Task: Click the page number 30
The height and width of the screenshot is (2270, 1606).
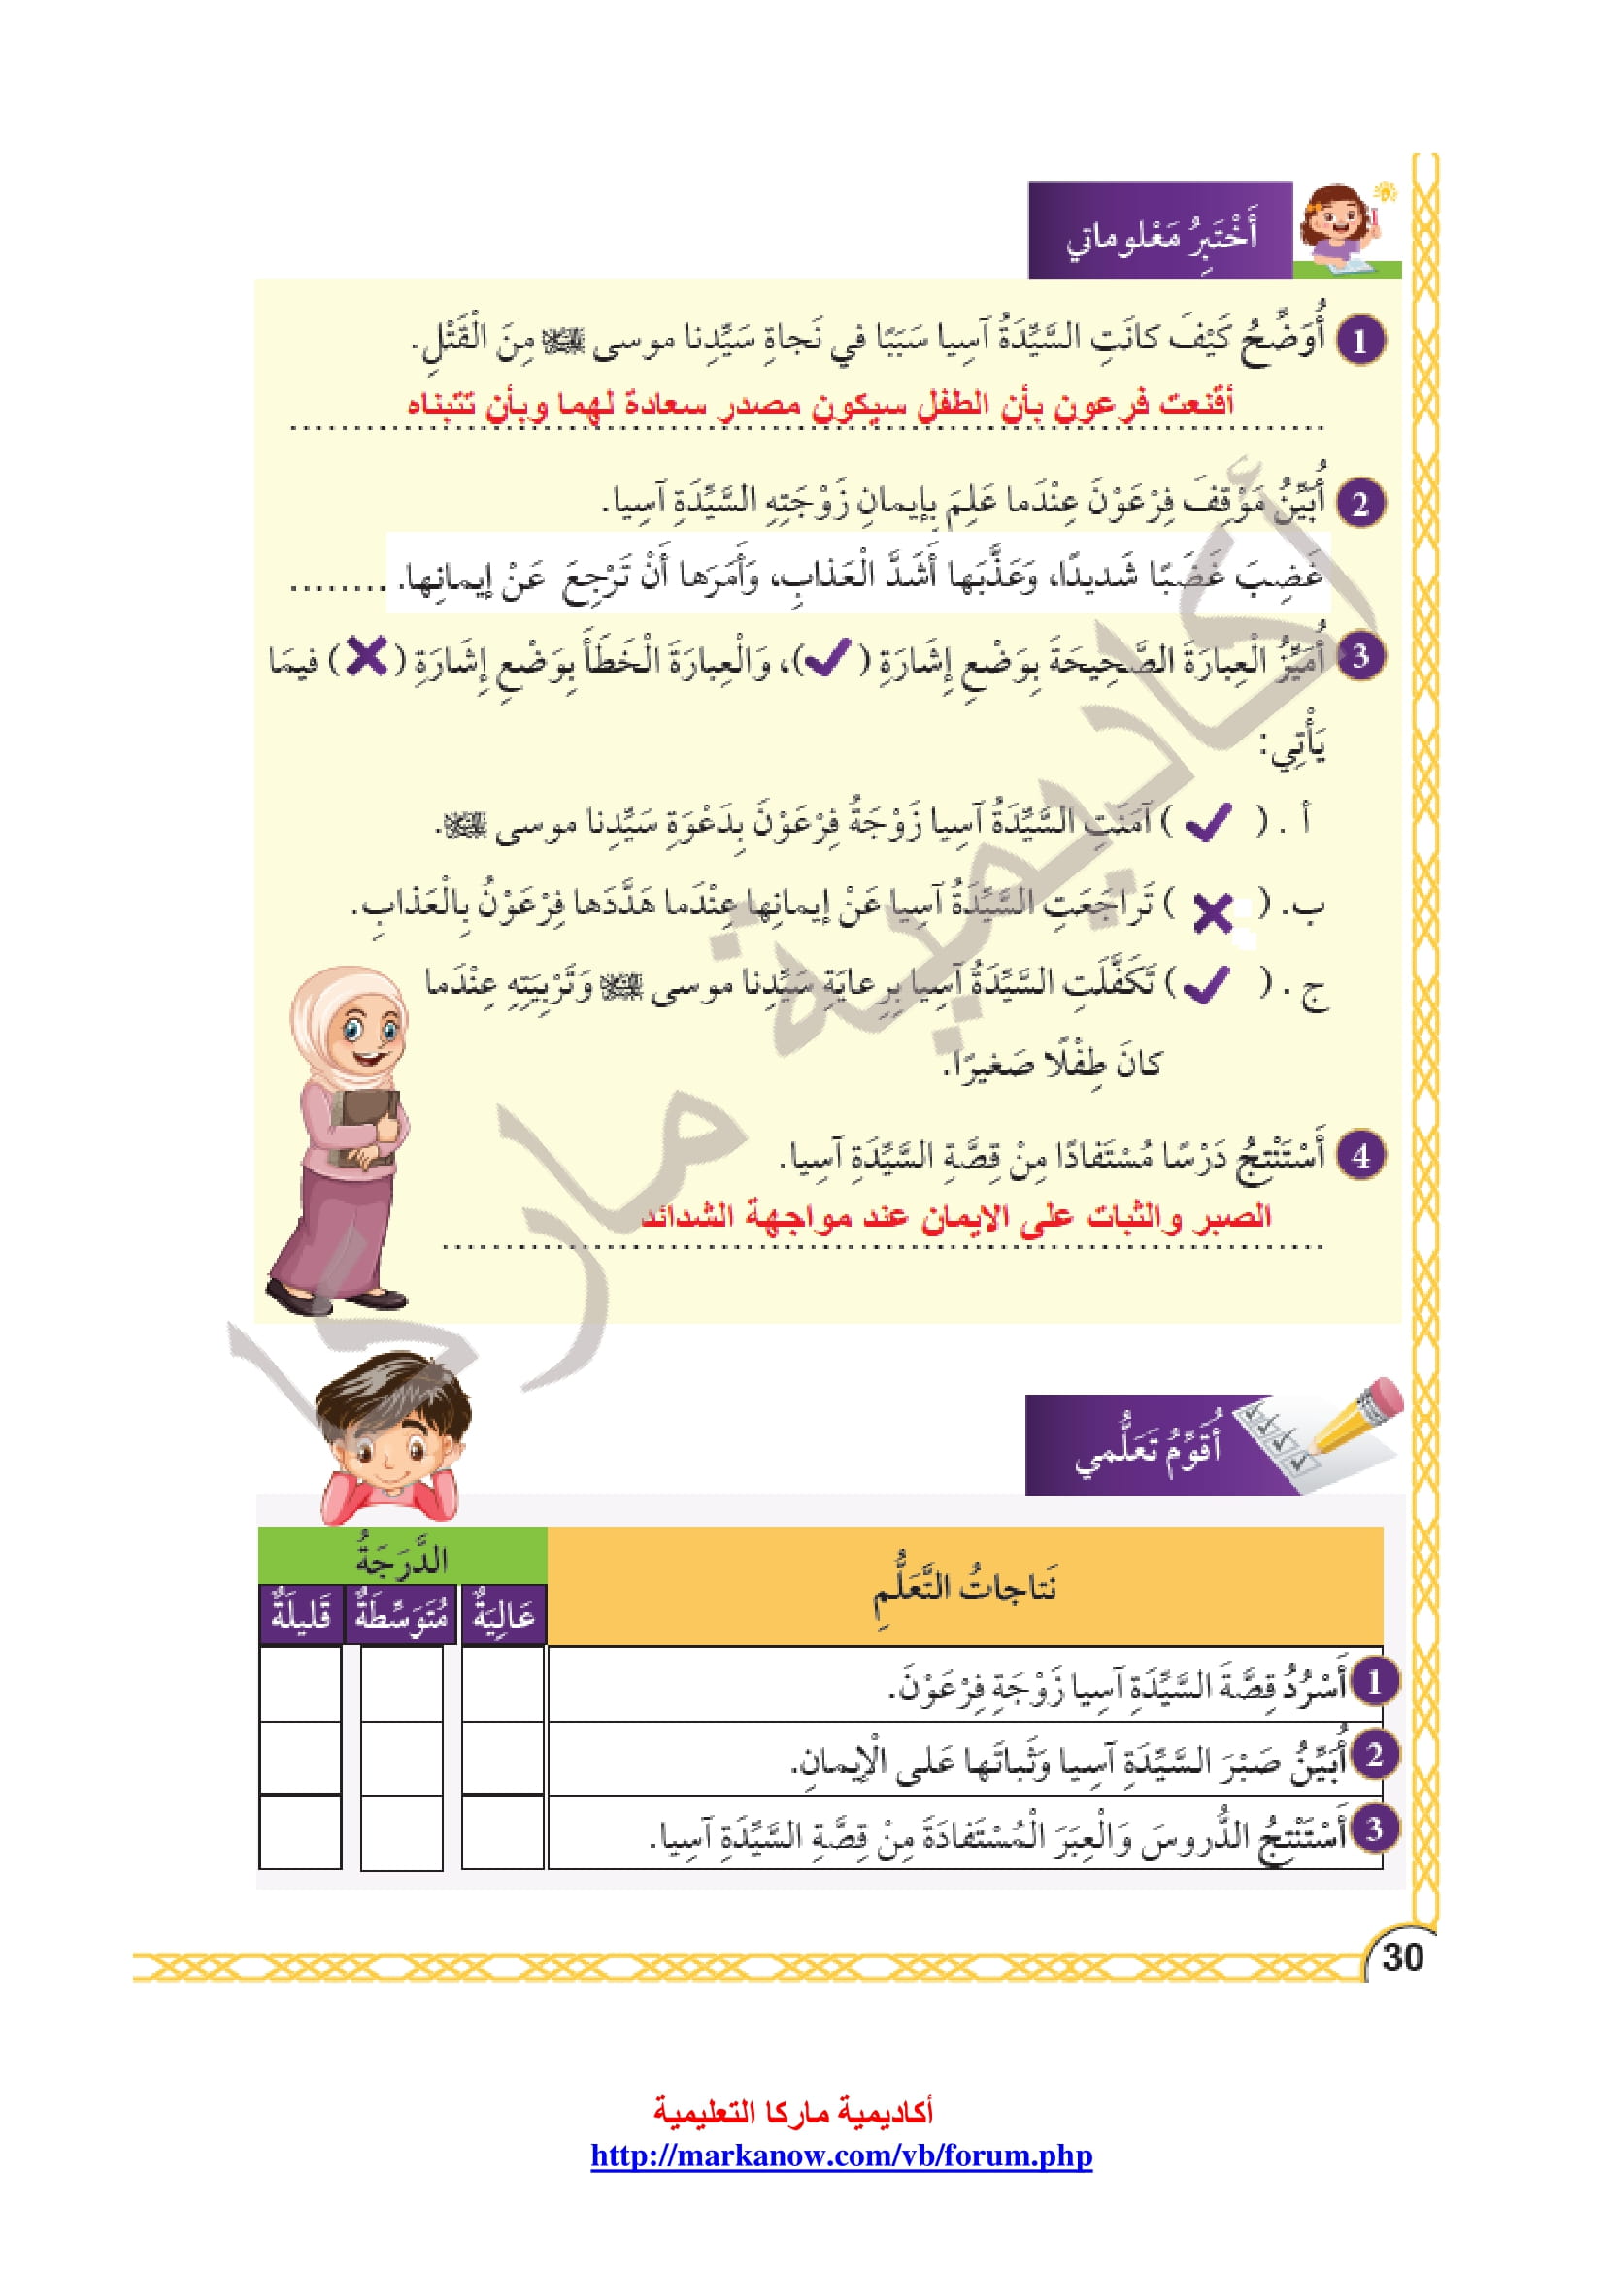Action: pyautogui.click(x=1401, y=1957)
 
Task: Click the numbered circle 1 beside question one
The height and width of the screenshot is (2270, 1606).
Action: pyautogui.click(x=1359, y=340)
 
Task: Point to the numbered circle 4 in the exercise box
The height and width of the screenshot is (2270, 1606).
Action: pyautogui.click(x=1359, y=1155)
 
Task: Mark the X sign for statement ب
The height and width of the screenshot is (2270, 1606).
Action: pyautogui.click(x=1213, y=911)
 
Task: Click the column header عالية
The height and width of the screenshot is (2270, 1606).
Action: pyautogui.click(x=503, y=1616)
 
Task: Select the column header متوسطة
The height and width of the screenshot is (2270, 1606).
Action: pyautogui.click(x=400, y=1616)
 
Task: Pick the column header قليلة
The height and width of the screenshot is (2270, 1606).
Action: pyautogui.click(x=301, y=1616)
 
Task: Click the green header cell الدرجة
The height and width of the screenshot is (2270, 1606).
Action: pyautogui.click(x=402, y=1560)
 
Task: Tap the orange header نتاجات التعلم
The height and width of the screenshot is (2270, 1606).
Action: pyautogui.click(x=964, y=1589)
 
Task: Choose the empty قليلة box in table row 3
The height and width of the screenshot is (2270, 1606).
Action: pyautogui.click(x=301, y=1832)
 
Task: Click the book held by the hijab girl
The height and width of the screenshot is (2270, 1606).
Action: pyautogui.click(x=366, y=1122)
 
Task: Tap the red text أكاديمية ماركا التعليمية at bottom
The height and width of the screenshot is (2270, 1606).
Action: pyautogui.click(x=793, y=2112)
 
